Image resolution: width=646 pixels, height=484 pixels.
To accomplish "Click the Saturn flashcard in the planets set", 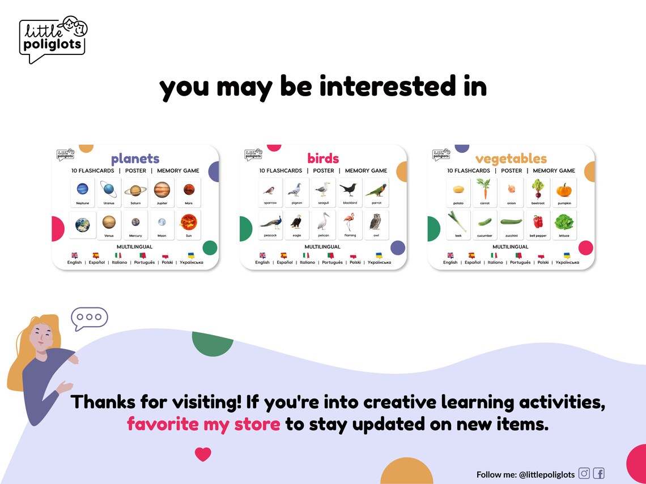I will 135,192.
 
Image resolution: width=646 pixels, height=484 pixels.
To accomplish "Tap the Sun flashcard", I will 188,224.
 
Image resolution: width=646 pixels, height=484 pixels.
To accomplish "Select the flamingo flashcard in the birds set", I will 350,224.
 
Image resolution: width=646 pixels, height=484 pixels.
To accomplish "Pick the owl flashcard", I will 376,224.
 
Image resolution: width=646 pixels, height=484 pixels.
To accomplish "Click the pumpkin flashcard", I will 564,192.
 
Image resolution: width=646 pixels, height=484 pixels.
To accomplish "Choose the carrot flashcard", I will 484,192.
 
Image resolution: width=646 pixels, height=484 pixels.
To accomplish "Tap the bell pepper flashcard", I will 538,224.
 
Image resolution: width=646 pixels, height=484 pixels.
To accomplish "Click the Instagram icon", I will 584,474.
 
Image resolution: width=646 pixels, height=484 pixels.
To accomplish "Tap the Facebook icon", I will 599,474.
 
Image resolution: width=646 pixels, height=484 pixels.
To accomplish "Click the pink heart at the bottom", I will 203,454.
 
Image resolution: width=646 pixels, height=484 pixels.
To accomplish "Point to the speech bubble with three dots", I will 90,318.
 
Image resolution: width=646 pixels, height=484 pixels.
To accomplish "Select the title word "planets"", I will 135,159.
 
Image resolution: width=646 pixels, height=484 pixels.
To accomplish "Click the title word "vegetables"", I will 511,159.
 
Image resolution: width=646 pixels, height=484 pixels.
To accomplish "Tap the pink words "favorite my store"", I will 203,424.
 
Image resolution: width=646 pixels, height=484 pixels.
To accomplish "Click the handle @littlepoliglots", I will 547,474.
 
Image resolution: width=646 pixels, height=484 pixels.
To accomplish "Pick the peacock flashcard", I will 270,224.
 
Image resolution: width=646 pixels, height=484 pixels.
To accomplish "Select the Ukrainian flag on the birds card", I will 379,255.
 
